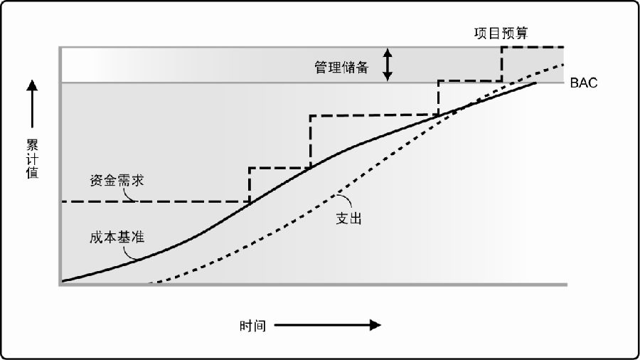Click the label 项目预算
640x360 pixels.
click(x=501, y=33)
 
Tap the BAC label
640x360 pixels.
click(x=583, y=83)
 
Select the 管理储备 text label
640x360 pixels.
click(x=341, y=67)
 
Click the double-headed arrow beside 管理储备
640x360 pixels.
click(x=388, y=65)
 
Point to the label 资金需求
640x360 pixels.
click(x=117, y=180)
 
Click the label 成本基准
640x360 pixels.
click(x=117, y=237)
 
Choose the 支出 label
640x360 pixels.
click(x=348, y=218)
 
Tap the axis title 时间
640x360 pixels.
click(x=252, y=326)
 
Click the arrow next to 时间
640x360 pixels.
click(x=327, y=325)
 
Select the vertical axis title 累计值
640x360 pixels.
click(x=32, y=159)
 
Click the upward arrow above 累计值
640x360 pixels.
click(x=32, y=104)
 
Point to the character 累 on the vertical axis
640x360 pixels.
click(x=32, y=145)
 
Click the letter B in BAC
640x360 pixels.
click(x=575, y=83)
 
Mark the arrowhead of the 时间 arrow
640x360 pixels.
click(x=375, y=325)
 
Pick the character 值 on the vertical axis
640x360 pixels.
click(x=32, y=172)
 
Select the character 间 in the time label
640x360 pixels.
click(x=259, y=326)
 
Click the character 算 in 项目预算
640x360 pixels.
click(x=521, y=33)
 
